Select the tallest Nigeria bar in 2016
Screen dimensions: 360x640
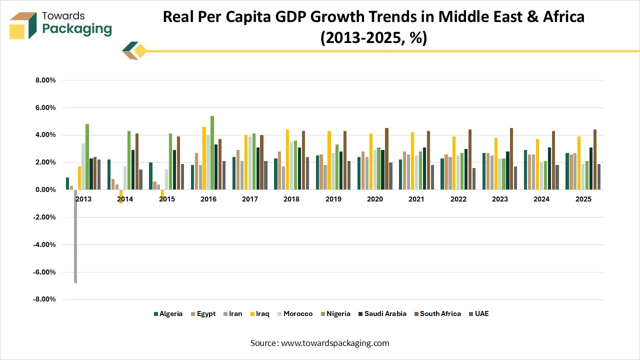(x=212, y=153)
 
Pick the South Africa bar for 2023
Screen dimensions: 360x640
(x=511, y=159)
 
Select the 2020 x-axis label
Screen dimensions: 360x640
(x=374, y=199)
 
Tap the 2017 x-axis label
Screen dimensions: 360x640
(x=250, y=199)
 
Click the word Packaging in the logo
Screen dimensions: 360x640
(x=77, y=29)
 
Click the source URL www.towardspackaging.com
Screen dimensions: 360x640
(x=335, y=343)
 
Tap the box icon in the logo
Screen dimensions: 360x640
(x=23, y=25)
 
